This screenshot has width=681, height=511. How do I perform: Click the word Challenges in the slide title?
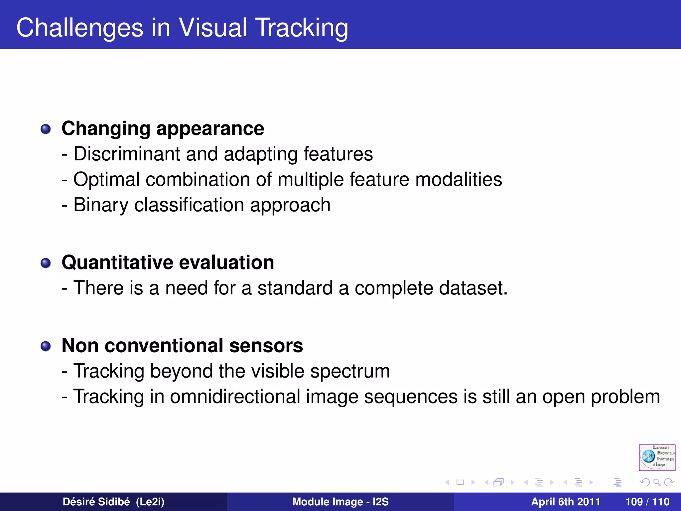pos(80,28)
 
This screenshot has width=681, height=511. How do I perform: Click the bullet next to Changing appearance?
pos(46,129)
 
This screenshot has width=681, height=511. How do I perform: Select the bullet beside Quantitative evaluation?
pos(46,263)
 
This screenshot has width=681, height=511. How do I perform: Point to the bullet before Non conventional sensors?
pos(46,346)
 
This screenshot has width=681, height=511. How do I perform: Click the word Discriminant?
pos(127,154)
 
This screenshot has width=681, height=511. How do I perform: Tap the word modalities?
pos(459,180)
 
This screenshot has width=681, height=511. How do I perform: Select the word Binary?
pos(101,205)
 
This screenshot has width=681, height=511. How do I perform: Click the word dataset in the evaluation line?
pos(473,288)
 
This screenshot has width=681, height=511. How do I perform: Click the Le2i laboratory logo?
pos(657,457)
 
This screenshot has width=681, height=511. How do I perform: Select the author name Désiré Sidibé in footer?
pos(96,502)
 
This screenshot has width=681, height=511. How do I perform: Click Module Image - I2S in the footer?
pos(340,502)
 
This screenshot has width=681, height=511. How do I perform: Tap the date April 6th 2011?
pos(565,502)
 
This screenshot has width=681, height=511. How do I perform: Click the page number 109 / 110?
pos(647,502)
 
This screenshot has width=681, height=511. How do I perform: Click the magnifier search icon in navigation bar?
pos(657,482)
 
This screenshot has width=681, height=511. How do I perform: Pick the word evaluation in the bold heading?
pos(226,262)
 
